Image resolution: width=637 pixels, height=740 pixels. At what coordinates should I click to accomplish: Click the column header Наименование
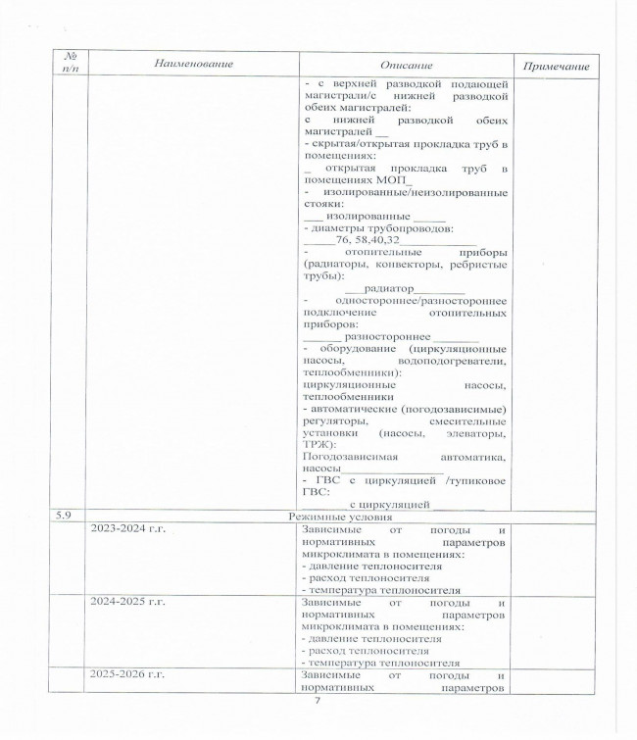(193, 64)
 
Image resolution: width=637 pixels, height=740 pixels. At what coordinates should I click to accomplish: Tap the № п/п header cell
(70, 64)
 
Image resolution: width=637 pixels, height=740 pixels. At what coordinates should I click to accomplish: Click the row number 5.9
(73, 516)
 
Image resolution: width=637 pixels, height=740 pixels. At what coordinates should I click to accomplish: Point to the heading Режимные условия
(341, 516)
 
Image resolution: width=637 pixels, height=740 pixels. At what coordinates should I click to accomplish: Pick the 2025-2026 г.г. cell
(126, 675)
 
